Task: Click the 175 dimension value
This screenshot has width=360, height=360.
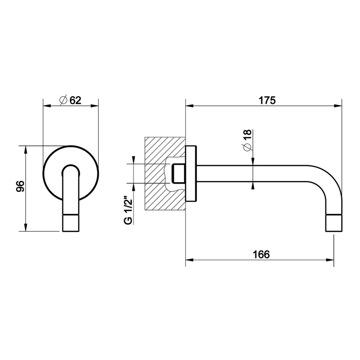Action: tap(267, 100)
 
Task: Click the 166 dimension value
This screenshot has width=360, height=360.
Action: tap(261, 254)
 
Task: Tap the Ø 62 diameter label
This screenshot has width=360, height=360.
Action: tap(70, 100)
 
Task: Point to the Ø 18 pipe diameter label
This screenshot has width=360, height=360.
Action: tap(247, 139)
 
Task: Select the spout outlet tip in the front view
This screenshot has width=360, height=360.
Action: tap(71, 223)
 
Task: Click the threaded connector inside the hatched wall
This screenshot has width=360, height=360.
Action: tap(177, 173)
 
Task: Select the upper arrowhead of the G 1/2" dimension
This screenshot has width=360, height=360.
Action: tap(134, 160)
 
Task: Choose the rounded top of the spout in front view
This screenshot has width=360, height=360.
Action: tap(71, 167)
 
